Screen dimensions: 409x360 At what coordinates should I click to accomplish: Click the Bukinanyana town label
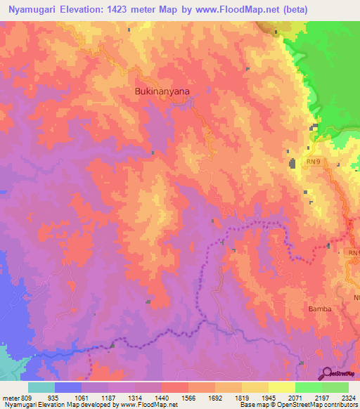point(162,91)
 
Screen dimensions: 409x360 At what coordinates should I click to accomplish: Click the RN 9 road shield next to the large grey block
point(314,162)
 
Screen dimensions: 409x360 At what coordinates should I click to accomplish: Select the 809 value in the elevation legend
point(27,397)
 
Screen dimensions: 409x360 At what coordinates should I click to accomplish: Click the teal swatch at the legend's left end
point(41,387)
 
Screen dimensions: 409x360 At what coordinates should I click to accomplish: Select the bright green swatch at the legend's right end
point(335,387)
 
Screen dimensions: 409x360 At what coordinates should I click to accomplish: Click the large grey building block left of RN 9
point(292,164)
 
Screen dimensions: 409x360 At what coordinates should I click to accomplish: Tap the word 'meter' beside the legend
point(10,397)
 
